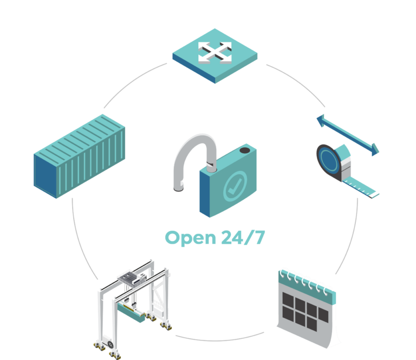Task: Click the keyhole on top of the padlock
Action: (245, 151)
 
